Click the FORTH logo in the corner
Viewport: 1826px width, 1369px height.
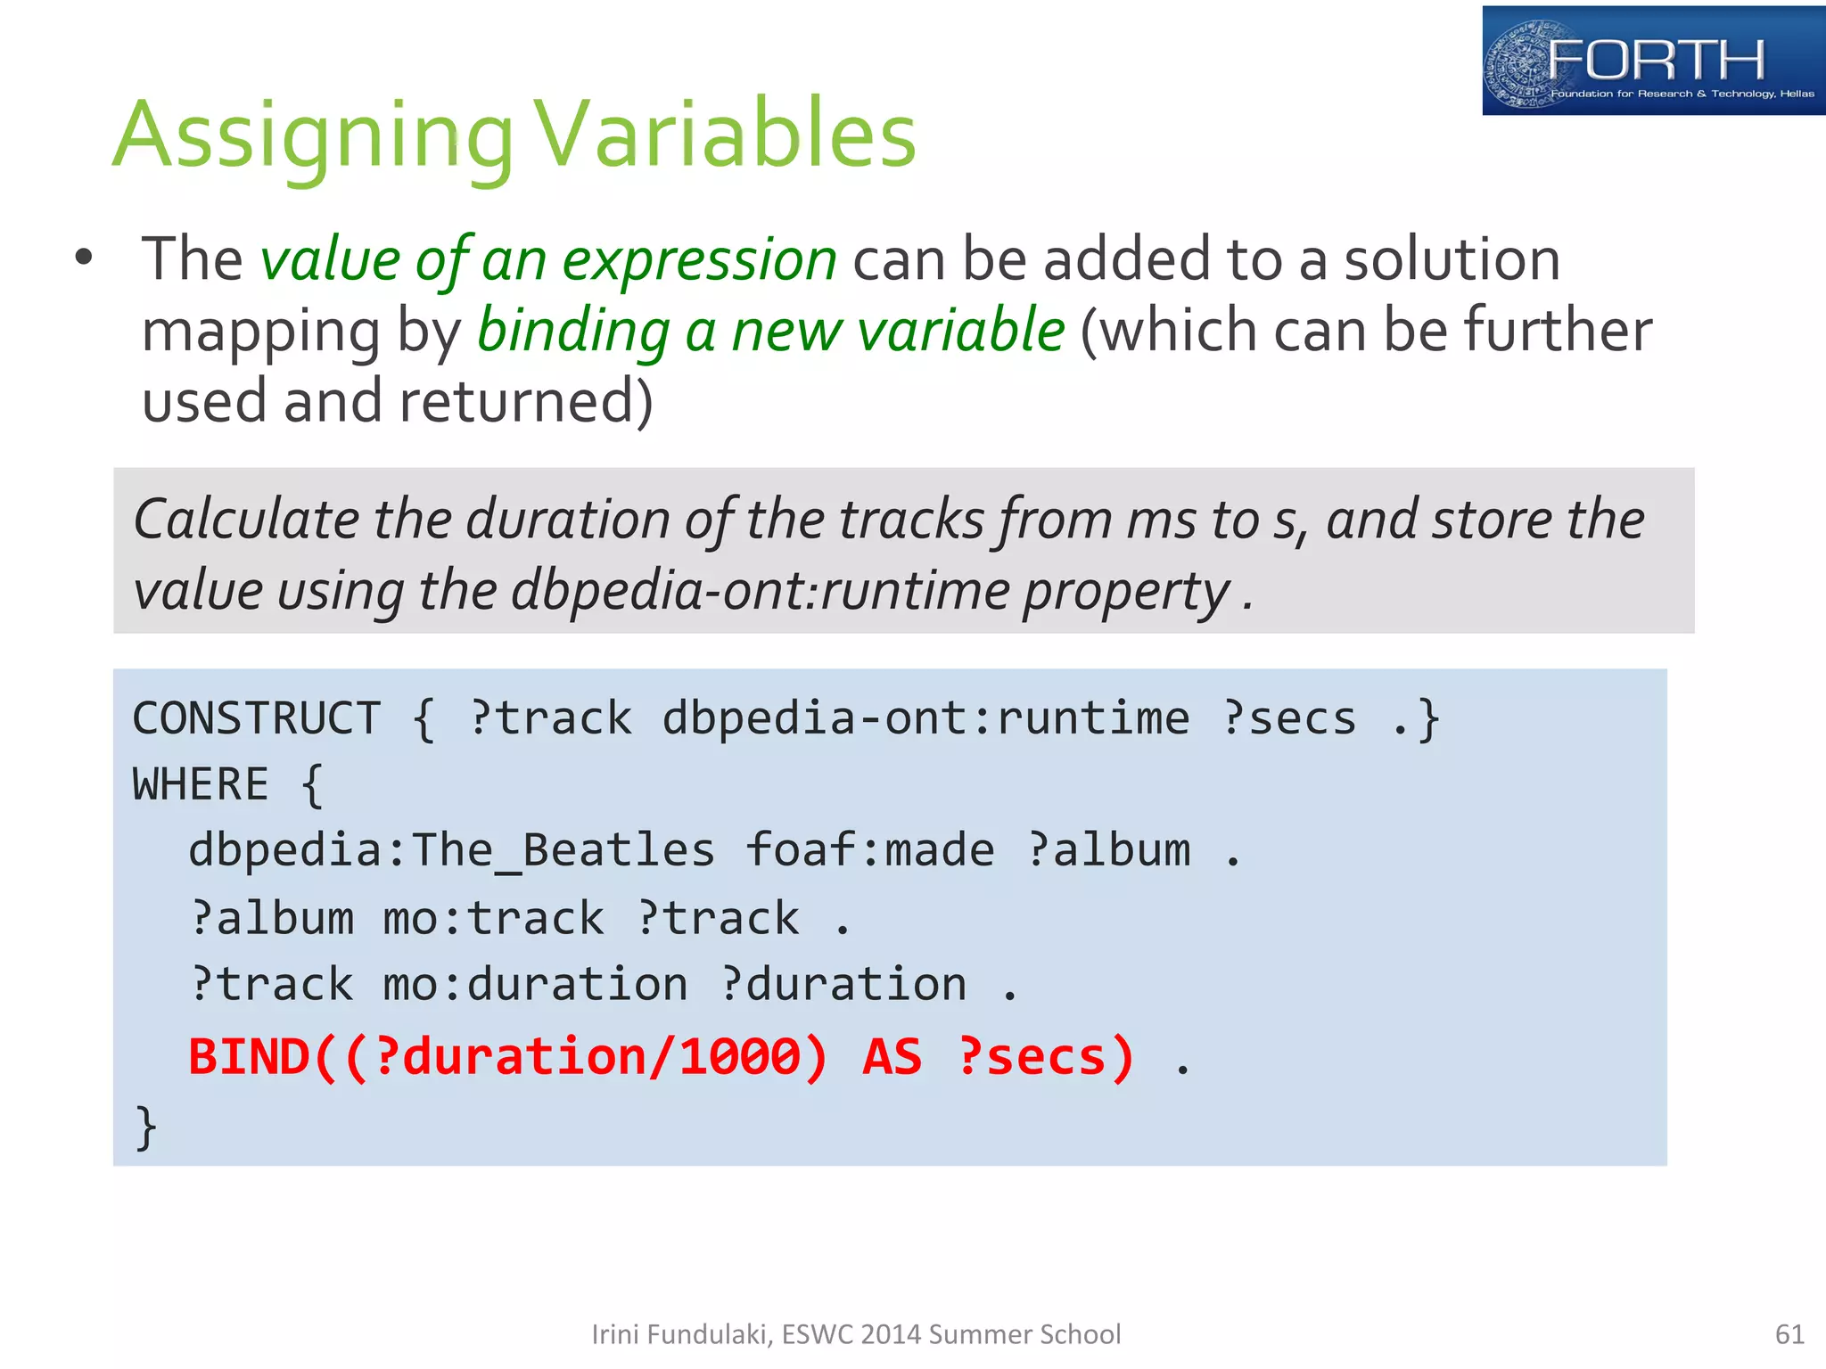(x=1652, y=61)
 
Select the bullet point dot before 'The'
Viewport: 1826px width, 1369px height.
(x=84, y=258)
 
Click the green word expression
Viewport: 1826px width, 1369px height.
(x=699, y=259)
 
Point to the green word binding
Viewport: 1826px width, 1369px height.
(x=573, y=331)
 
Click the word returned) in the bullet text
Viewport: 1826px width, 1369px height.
(x=526, y=401)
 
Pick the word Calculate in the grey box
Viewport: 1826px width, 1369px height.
(x=244, y=520)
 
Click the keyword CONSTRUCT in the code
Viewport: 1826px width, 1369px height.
(x=257, y=718)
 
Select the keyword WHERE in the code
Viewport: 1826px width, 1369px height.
(x=201, y=785)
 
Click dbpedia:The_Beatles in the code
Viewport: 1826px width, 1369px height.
(x=451, y=850)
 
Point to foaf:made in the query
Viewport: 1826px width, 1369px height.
(x=869, y=850)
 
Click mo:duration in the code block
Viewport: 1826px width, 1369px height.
(x=535, y=985)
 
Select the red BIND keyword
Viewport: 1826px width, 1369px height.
(x=248, y=1057)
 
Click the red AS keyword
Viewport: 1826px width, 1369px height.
(x=892, y=1057)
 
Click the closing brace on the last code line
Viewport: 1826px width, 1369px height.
(x=145, y=1127)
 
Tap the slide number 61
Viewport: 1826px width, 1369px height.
(x=1789, y=1334)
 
